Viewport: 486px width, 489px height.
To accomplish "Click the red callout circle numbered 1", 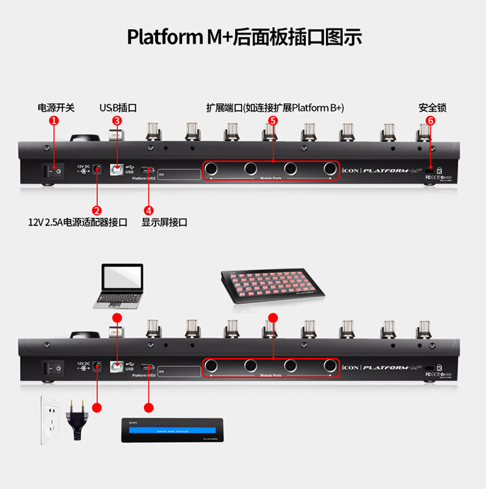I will pyautogui.click(x=54, y=121).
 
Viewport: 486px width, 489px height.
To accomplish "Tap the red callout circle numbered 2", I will pyautogui.click(x=97, y=209).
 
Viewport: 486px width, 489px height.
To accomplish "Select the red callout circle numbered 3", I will pyautogui.click(x=117, y=121).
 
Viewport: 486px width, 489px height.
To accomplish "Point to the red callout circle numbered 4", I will pyautogui.click(x=149, y=209).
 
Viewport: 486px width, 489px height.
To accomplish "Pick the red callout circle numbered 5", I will pyautogui.click(x=272, y=121).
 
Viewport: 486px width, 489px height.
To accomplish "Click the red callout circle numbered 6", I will pyautogui.click(x=431, y=121).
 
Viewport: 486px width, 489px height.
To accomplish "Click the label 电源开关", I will pyautogui.click(x=56, y=107).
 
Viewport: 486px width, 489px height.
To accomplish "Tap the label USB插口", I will pyautogui.click(x=117, y=107).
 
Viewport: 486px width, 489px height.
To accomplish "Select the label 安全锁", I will pyautogui.click(x=432, y=107).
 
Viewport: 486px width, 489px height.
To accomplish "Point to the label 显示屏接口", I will pyautogui.click(x=164, y=222).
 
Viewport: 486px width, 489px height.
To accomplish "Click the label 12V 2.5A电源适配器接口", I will pyautogui.click(x=77, y=222).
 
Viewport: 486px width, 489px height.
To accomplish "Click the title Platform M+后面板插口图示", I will pyautogui.click(x=244, y=36).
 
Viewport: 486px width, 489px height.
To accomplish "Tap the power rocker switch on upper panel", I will pyautogui.click(x=54, y=171).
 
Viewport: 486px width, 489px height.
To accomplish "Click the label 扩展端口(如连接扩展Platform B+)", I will pyautogui.click(x=275, y=107).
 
